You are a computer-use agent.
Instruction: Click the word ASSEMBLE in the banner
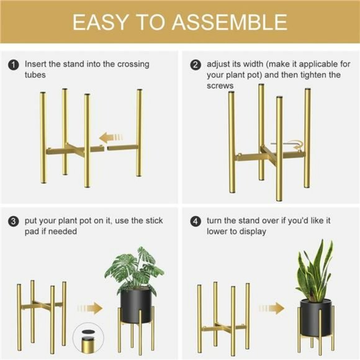click(x=230, y=22)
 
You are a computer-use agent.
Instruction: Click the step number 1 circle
click(x=14, y=65)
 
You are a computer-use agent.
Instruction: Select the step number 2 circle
click(x=196, y=65)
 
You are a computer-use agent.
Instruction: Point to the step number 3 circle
click(x=14, y=221)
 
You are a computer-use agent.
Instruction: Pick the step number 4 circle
click(x=196, y=221)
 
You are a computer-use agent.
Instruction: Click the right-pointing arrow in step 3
click(x=91, y=308)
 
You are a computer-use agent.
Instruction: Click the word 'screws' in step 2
click(x=220, y=86)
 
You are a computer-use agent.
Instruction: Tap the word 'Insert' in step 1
click(x=35, y=64)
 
